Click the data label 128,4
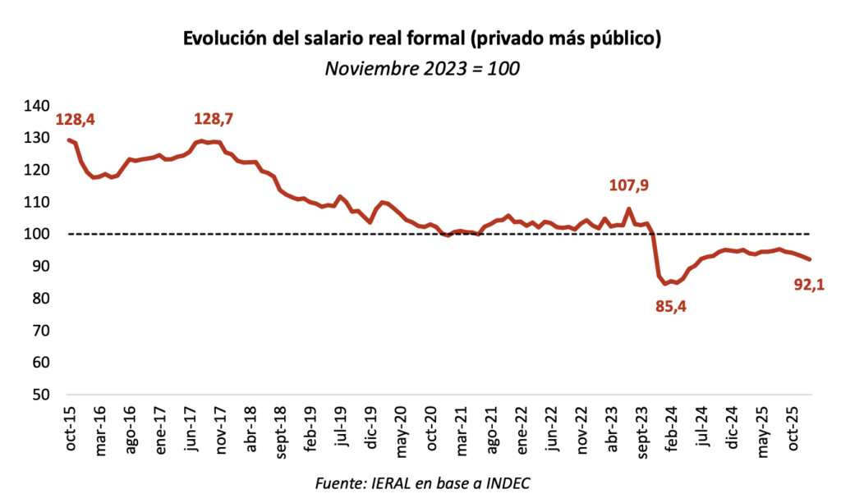(x=75, y=120)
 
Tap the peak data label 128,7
(x=214, y=120)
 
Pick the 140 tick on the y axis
(x=39, y=106)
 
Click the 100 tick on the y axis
(x=39, y=235)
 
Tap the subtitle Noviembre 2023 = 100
(x=421, y=68)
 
